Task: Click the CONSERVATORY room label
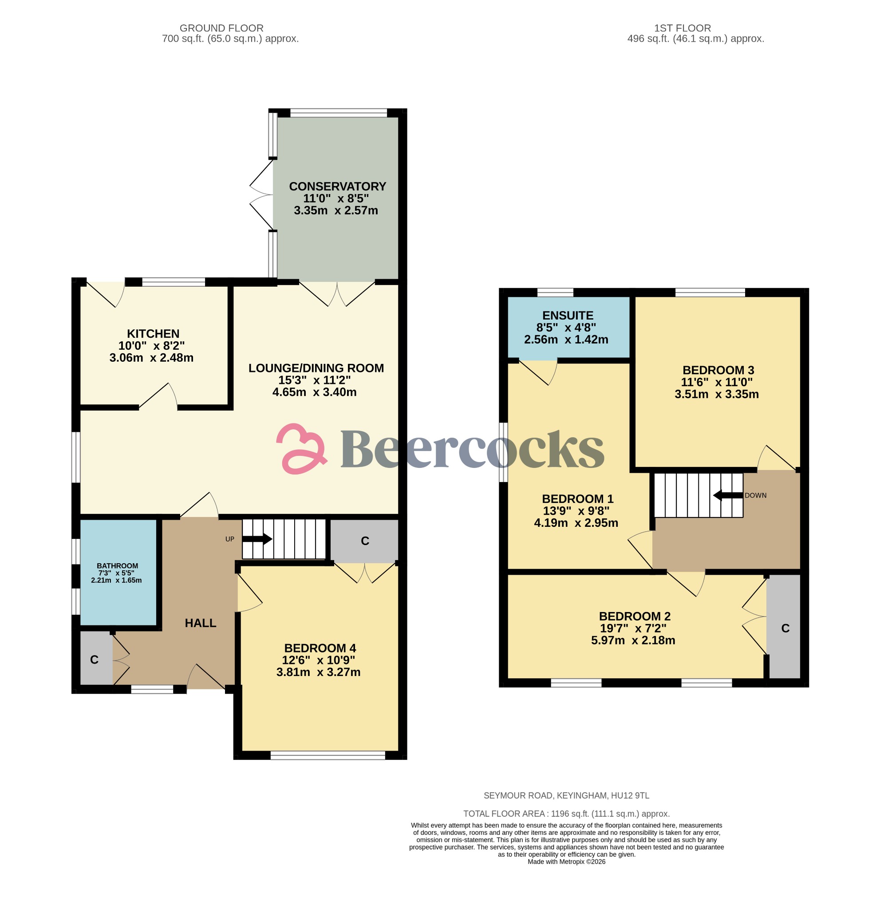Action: (x=337, y=186)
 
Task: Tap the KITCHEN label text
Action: (x=153, y=333)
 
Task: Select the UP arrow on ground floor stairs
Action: (x=257, y=539)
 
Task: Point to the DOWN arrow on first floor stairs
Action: (x=727, y=495)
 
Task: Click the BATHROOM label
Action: (x=117, y=566)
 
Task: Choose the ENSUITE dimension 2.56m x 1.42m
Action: (x=566, y=340)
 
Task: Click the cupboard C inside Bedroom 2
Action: (x=785, y=628)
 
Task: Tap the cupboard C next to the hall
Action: (x=94, y=660)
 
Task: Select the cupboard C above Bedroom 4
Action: (x=365, y=541)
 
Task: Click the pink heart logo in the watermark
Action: (x=301, y=448)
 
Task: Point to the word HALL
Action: (x=200, y=623)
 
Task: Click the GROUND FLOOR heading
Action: (x=221, y=28)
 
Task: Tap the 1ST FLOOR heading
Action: (x=682, y=28)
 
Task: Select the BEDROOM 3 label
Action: (x=718, y=370)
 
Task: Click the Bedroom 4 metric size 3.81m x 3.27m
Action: (x=318, y=672)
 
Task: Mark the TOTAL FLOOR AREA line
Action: (x=566, y=814)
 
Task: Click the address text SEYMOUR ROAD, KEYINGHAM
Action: (x=566, y=795)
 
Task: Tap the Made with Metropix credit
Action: (x=566, y=862)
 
